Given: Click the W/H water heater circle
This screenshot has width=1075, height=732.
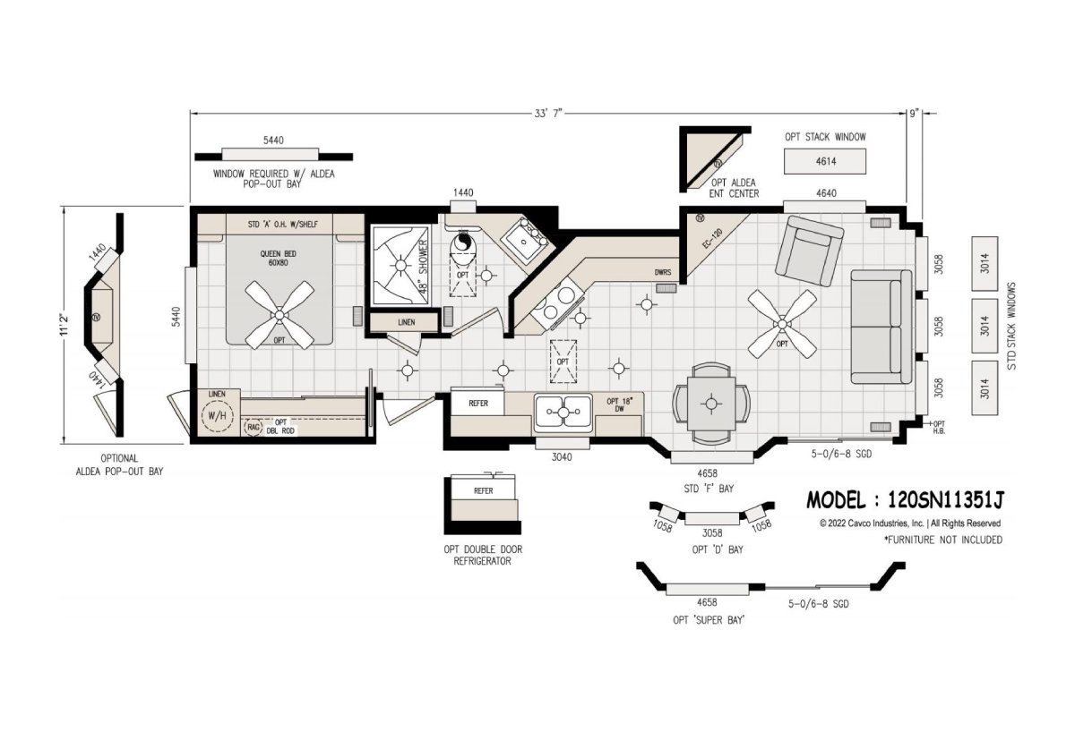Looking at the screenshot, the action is [x=217, y=415].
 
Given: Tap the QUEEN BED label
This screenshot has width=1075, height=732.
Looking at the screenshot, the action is [x=279, y=258].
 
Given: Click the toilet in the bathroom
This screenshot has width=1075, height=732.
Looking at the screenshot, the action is [x=462, y=250].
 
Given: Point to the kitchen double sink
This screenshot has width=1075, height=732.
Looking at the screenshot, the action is [x=563, y=411].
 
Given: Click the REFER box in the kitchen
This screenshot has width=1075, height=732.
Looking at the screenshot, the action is [x=478, y=404].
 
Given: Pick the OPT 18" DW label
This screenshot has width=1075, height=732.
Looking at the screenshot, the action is [x=619, y=404].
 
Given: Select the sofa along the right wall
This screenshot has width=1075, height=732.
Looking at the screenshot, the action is [x=881, y=327].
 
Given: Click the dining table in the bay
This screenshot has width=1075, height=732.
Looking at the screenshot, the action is [x=711, y=404].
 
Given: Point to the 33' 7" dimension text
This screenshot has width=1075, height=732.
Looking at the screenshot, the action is [x=548, y=114].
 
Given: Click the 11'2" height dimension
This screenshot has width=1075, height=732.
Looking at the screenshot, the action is [x=64, y=325].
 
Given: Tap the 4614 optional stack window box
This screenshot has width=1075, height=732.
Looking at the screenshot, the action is [x=825, y=161].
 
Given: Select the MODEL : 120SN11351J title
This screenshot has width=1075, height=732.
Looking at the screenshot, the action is [x=904, y=500].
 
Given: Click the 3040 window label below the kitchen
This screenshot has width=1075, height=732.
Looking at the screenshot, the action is [x=561, y=457].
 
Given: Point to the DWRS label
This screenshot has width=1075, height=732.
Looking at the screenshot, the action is [x=663, y=272].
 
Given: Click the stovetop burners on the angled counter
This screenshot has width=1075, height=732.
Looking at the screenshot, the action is [x=558, y=302].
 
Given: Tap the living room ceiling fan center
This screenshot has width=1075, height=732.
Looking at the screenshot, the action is [x=782, y=324].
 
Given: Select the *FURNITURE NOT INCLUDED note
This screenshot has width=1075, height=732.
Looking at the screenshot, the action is [x=943, y=540].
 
